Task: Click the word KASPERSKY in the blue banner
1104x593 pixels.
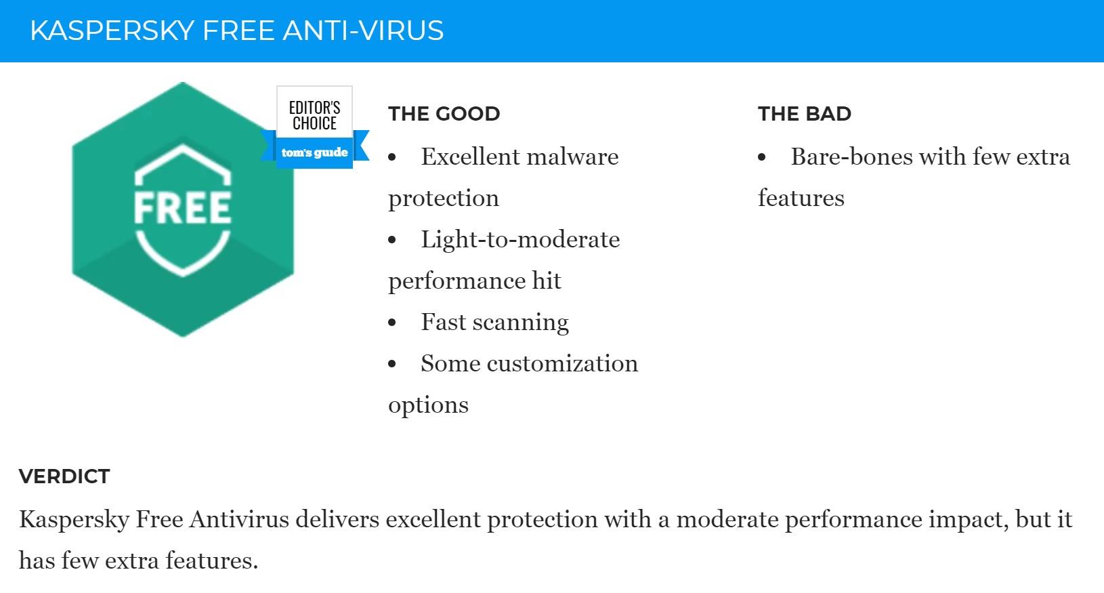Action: point(112,30)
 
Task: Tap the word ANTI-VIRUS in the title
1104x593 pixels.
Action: point(363,30)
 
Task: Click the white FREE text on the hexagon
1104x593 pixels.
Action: point(182,207)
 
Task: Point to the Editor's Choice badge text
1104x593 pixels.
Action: point(314,115)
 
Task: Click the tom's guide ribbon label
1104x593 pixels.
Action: point(314,152)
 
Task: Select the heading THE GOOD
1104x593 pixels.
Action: point(444,114)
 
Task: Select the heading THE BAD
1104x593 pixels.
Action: point(805,114)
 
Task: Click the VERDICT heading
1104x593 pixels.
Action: point(64,476)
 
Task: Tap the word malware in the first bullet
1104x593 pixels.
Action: point(573,157)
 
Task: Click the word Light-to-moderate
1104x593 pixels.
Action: point(520,241)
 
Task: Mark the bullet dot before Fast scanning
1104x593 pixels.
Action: point(392,323)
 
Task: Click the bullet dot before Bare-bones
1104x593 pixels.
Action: point(762,157)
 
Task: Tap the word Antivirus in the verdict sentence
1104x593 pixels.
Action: point(239,520)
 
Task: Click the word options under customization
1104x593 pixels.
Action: point(428,405)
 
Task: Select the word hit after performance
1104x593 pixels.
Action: point(547,281)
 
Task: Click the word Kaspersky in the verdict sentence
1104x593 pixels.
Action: point(74,520)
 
